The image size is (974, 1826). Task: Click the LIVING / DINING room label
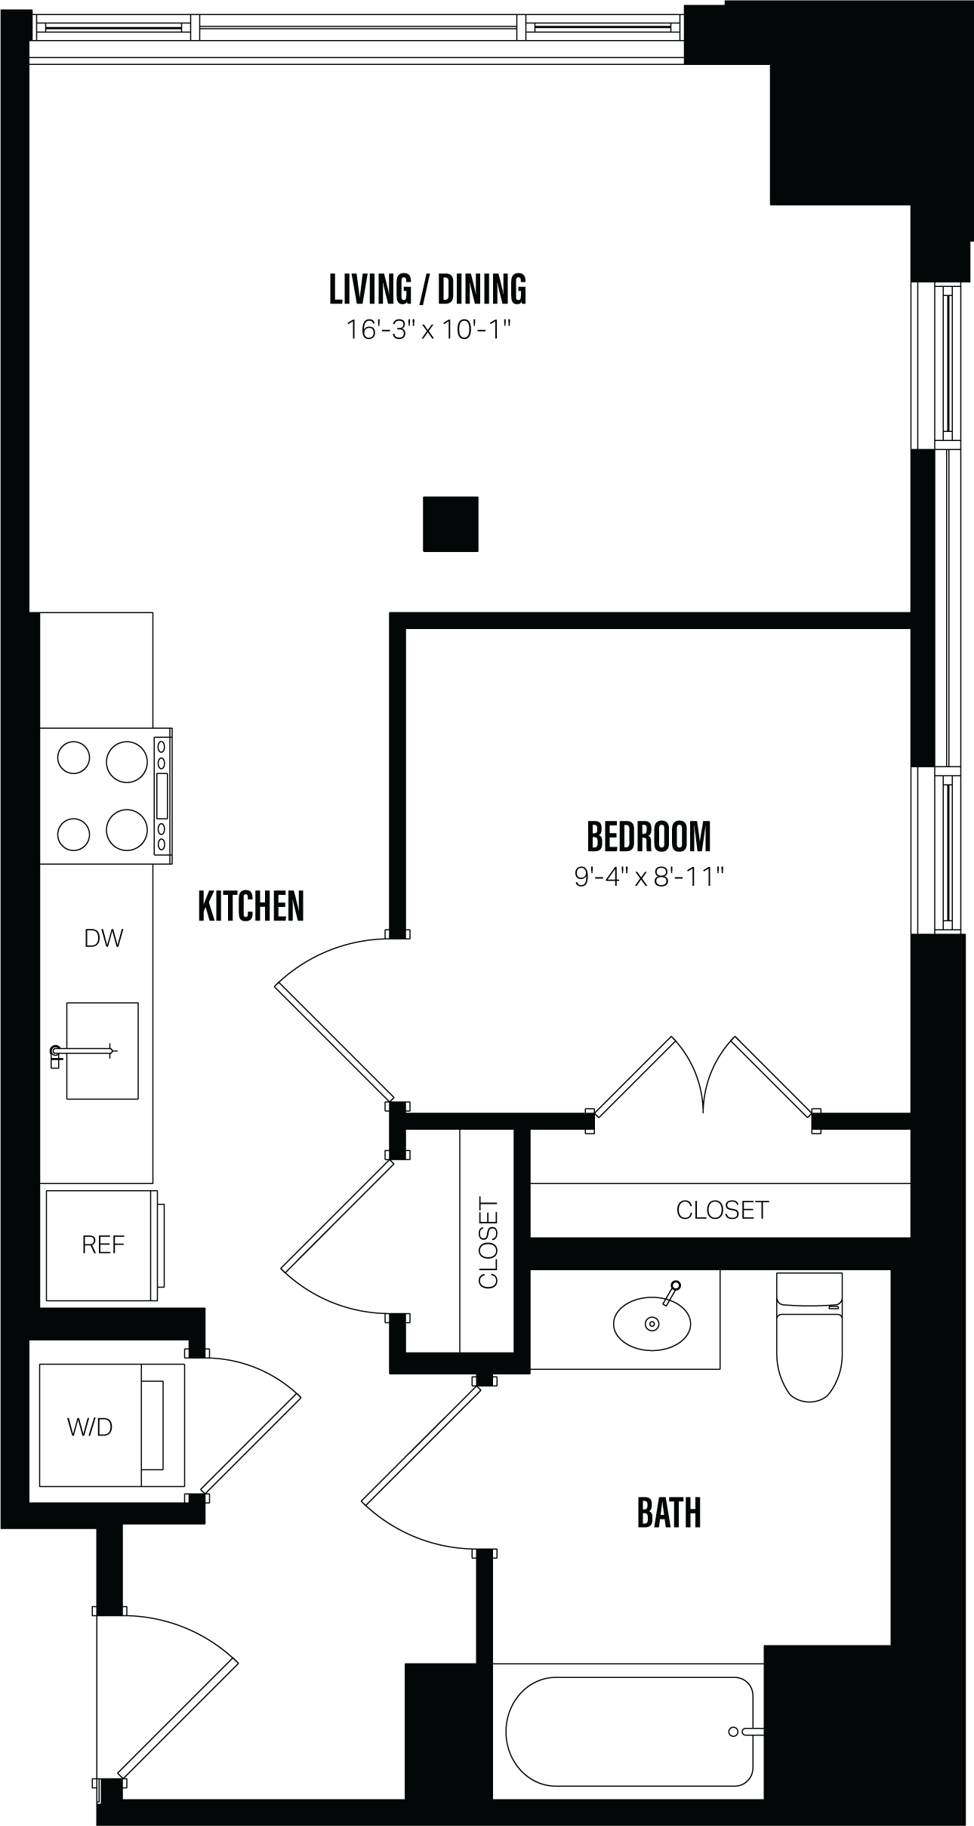pyautogui.click(x=427, y=289)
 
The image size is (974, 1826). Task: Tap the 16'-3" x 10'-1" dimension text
pyautogui.click(x=428, y=330)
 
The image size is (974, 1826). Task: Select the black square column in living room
pyautogui.click(x=450, y=523)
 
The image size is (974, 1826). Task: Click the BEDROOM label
pyautogui.click(x=649, y=836)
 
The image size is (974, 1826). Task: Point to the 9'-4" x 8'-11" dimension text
pyautogui.click(x=649, y=877)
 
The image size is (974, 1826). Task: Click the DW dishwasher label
pyautogui.click(x=103, y=939)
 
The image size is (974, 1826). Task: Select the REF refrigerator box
pyautogui.click(x=103, y=1245)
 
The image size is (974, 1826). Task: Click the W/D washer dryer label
pyautogui.click(x=89, y=1427)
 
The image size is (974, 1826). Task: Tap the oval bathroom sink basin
pyautogui.click(x=652, y=1323)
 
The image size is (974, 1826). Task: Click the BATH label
pyautogui.click(x=669, y=1513)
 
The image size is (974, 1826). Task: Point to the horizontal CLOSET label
pyautogui.click(x=722, y=1210)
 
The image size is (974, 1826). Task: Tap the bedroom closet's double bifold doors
pyautogui.click(x=704, y=1076)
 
